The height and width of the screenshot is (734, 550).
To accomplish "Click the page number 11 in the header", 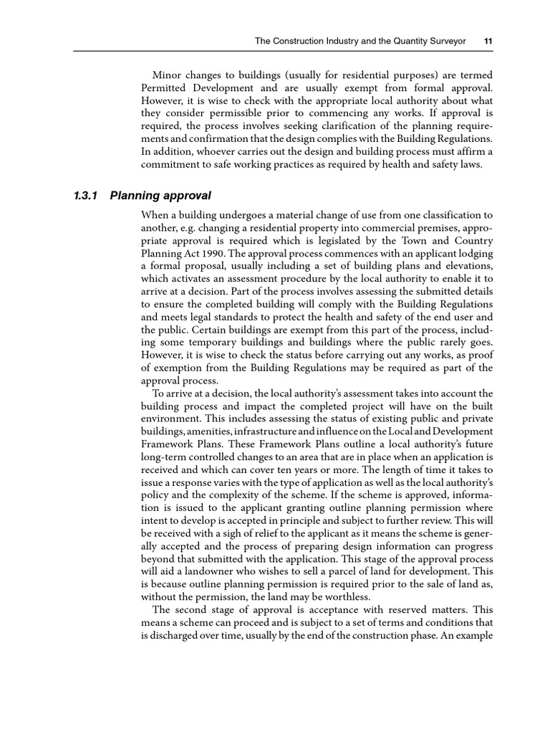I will click(x=488, y=42).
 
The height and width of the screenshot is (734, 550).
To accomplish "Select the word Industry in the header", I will click(x=333, y=42).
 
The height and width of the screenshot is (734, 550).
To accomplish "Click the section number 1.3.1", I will click(x=87, y=196).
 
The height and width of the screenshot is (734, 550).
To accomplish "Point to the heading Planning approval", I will click(x=161, y=196).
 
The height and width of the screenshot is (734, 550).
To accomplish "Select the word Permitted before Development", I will click(x=165, y=89).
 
